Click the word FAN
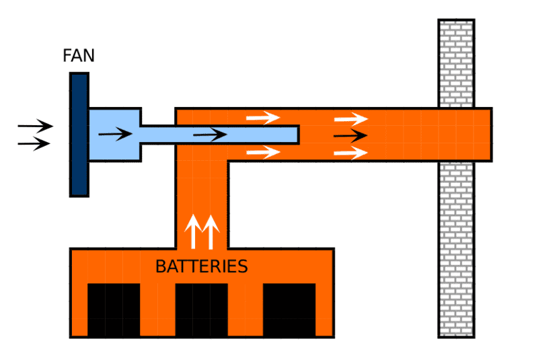coord(79,55)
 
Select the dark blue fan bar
coord(79,135)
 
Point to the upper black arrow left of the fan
coord(35,126)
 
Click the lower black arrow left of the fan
coord(34,143)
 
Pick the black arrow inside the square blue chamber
coord(115,135)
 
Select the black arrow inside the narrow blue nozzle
coord(210,135)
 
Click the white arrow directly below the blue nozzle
coord(263,152)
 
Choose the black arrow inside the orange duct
coord(350,136)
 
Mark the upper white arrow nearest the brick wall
coord(350,119)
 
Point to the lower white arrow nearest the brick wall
coord(350,153)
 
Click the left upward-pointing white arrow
coord(192,231)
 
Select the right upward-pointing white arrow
coord(210,231)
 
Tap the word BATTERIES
coord(201,266)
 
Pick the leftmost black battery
coord(114,310)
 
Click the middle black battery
coord(201,310)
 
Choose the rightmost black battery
coord(289,310)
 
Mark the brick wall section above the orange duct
coord(456,63)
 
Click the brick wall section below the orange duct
coord(456,249)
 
